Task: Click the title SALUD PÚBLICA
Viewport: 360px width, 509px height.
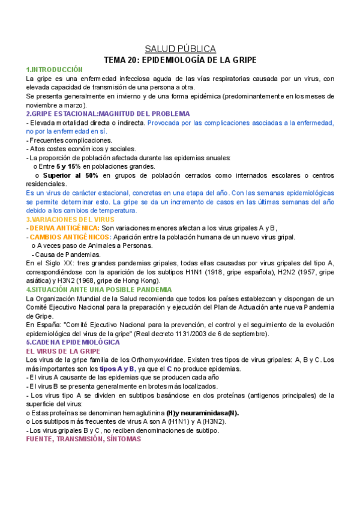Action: click(x=181, y=49)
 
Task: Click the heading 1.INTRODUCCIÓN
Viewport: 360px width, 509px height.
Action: click(x=55, y=70)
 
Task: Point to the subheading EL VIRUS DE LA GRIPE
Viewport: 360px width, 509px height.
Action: click(x=63, y=351)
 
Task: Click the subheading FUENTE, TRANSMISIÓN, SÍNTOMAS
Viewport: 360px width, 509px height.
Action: click(x=83, y=439)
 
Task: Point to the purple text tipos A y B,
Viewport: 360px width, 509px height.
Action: click(x=118, y=369)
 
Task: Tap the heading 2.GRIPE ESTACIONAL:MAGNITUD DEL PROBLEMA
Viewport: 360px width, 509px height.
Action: click(x=108, y=113)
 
